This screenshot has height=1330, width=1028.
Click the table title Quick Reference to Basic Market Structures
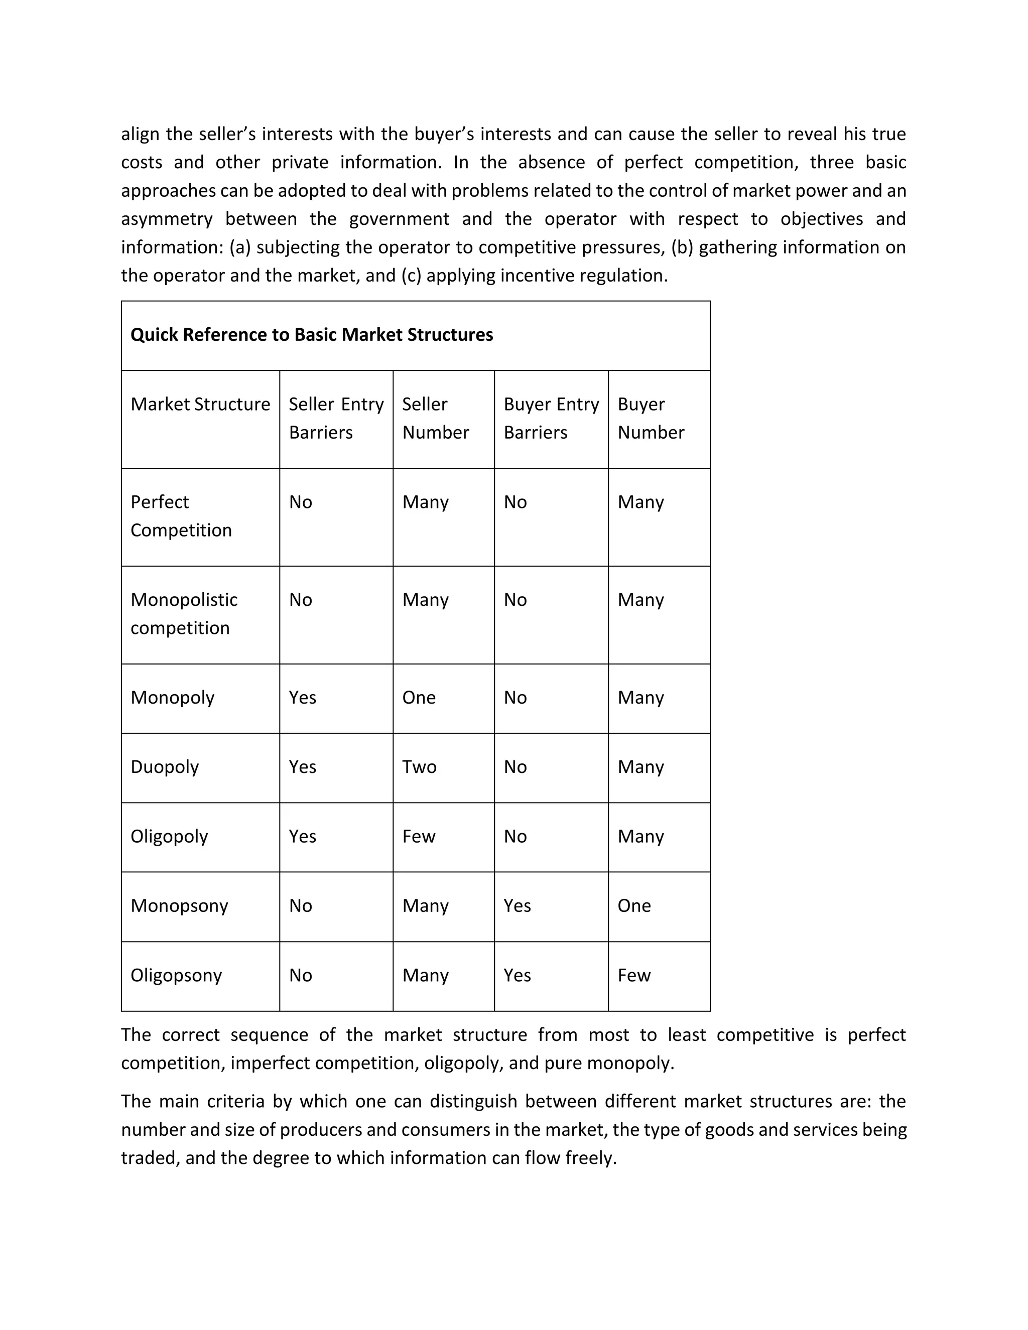click(x=311, y=335)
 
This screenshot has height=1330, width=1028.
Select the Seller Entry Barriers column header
click(x=336, y=419)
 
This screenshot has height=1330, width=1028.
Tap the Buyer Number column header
click(x=651, y=419)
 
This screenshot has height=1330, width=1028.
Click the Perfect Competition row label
click(x=181, y=516)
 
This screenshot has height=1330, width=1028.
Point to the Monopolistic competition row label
click(x=183, y=614)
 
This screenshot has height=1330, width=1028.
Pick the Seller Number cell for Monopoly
click(x=419, y=698)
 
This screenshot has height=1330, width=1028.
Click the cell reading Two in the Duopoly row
click(x=419, y=767)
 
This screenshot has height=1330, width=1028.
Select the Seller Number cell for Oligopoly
click(x=419, y=837)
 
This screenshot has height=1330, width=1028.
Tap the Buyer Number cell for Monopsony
click(x=634, y=906)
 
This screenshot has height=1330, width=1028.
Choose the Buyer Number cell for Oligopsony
click(x=634, y=976)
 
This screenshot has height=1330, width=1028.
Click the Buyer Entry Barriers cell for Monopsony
click(x=517, y=906)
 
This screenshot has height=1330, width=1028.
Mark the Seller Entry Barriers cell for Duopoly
click(x=302, y=767)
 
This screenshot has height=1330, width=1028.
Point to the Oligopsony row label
click(x=176, y=976)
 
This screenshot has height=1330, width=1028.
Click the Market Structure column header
click(x=200, y=405)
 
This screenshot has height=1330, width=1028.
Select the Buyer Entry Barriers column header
click(x=551, y=419)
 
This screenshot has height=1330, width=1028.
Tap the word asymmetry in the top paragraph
click(x=166, y=219)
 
